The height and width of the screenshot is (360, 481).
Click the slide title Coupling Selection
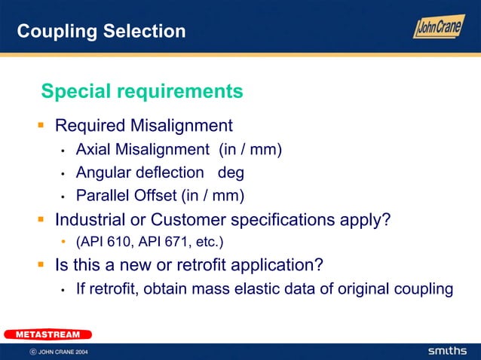pos(101,31)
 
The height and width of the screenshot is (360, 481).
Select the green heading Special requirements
pos(142,91)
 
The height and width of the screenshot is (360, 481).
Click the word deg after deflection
pos(231,172)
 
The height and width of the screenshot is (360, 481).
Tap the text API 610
pos(100,243)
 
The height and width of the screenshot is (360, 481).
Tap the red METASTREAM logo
pos(48,334)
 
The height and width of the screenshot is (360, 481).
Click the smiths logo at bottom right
pos(448,352)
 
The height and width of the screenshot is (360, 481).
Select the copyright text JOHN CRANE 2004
pos(63,352)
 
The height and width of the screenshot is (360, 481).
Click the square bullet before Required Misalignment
pos(44,124)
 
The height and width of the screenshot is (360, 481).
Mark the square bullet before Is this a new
pos(44,265)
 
